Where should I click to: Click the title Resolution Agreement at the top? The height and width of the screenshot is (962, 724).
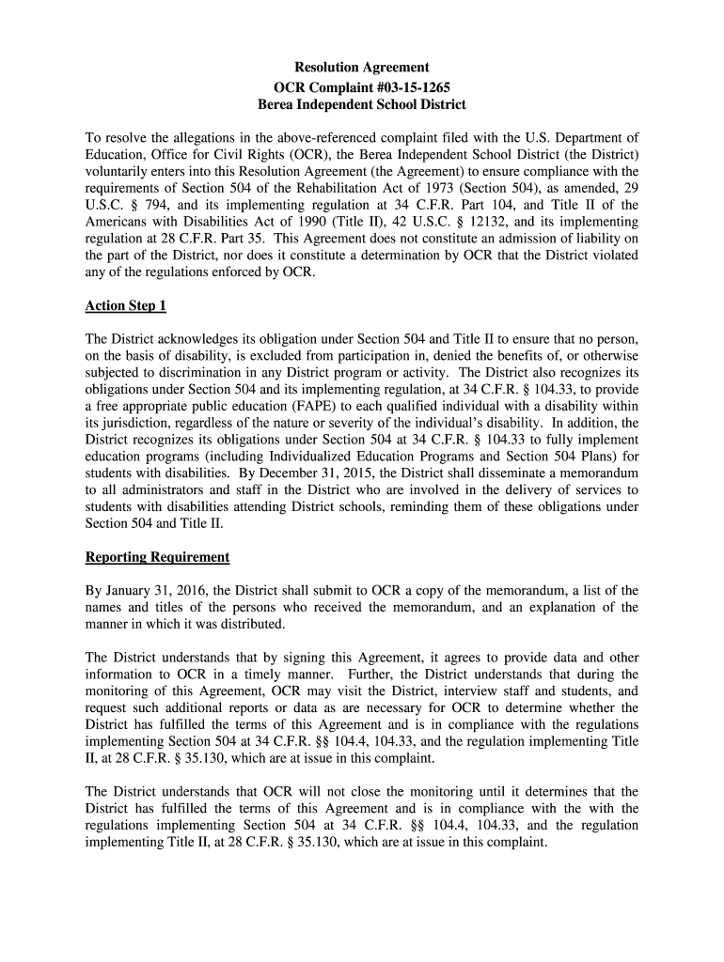coord(362,68)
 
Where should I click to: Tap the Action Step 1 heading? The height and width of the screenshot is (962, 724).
coord(126,306)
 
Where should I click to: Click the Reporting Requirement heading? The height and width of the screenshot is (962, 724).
coord(157,557)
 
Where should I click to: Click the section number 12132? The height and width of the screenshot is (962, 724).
coord(484,222)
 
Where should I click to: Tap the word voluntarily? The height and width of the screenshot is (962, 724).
coord(118,171)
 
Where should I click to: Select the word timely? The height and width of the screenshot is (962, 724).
coord(249,675)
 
